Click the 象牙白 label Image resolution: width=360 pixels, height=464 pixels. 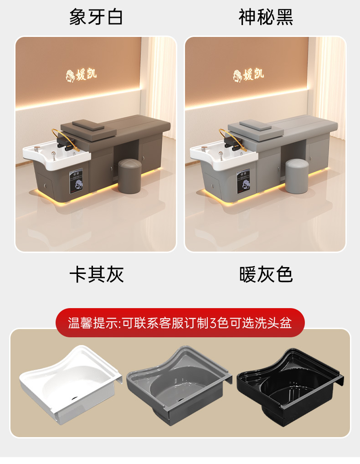96,16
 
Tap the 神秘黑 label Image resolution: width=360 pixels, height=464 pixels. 266,16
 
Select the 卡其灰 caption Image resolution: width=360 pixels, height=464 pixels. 97,274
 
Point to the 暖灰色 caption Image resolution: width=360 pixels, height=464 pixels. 266,274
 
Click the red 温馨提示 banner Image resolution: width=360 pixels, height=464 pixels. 180,322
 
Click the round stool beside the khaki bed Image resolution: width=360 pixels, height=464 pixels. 129,176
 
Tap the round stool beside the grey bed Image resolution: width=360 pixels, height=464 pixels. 297,176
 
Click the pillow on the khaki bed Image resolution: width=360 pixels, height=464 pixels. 88,125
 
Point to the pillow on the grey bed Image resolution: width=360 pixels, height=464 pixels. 256,125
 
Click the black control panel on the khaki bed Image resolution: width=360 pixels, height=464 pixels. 76,181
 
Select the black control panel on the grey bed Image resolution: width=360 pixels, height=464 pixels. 243,181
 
